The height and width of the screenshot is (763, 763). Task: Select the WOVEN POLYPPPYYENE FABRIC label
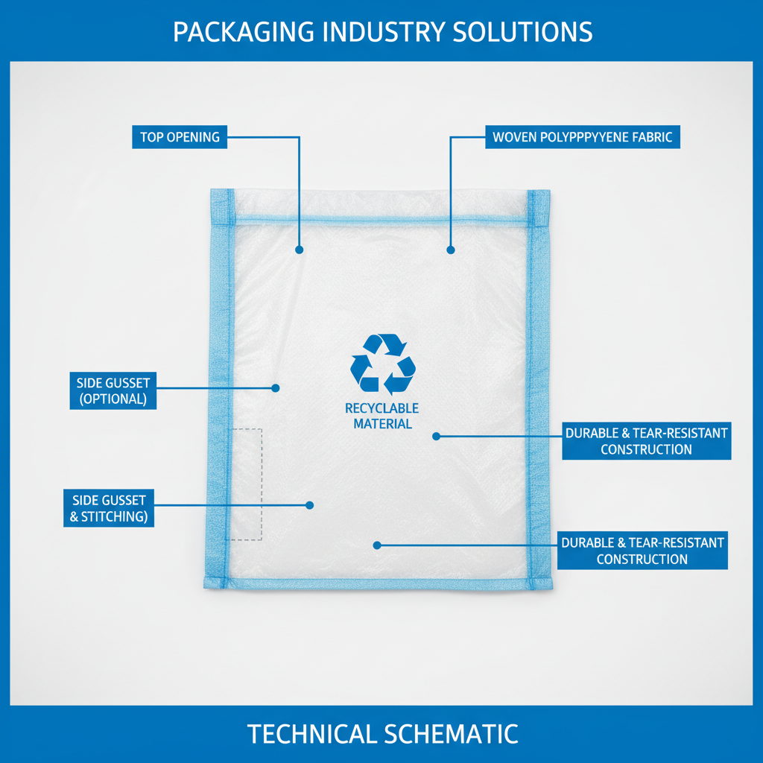click(x=582, y=137)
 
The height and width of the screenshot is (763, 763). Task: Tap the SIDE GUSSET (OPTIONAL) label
click(x=113, y=390)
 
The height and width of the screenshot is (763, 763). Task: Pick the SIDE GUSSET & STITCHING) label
click(x=109, y=507)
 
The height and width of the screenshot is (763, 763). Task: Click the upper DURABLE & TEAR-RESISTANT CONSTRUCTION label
click(x=646, y=441)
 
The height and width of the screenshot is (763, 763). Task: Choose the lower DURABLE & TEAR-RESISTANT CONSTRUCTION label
click(x=642, y=551)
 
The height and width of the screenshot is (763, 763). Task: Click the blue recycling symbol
click(x=382, y=364)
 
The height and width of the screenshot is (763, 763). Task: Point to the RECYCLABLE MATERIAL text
click(x=382, y=416)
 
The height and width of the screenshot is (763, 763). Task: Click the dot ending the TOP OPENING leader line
click(x=300, y=250)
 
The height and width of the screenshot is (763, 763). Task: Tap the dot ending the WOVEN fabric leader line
click(x=450, y=250)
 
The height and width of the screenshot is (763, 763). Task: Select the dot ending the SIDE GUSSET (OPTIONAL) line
click(x=275, y=387)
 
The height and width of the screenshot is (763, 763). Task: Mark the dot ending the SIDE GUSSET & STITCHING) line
click(x=310, y=505)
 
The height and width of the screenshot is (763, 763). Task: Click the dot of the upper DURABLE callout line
click(x=437, y=436)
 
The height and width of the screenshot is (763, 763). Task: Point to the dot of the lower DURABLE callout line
click(x=377, y=545)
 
